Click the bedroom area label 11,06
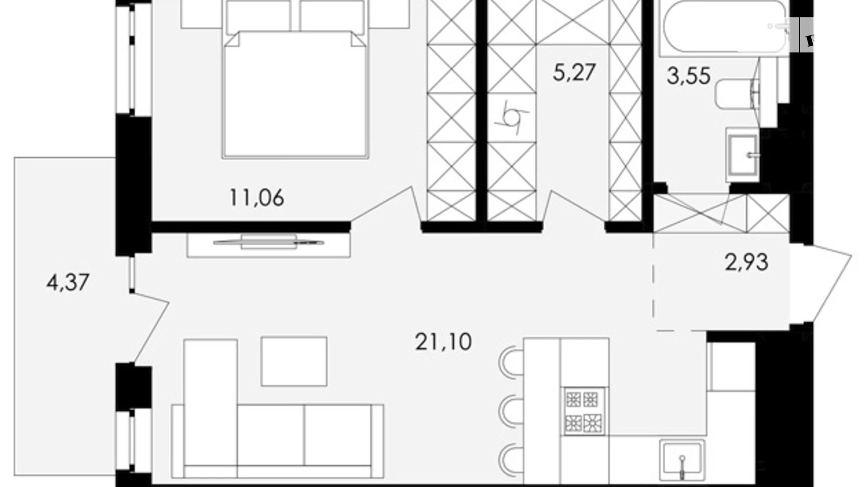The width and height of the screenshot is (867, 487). pos(256,198)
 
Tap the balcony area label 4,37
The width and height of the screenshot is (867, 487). pos(67,282)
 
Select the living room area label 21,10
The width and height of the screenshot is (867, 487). pos(443,342)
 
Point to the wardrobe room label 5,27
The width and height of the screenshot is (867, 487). pos(574,73)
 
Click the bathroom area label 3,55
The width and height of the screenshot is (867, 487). pos(688,75)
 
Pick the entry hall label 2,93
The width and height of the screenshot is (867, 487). pos(746,262)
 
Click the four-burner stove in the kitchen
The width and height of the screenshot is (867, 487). pos(583,411)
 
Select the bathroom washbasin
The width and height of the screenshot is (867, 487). pos(741,155)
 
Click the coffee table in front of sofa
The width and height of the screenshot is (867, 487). pos(294,361)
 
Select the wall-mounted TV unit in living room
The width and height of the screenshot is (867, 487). pos(269,244)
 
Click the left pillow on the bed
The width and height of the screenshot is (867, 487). pos(258,16)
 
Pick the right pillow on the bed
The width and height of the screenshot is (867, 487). pos(332,16)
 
